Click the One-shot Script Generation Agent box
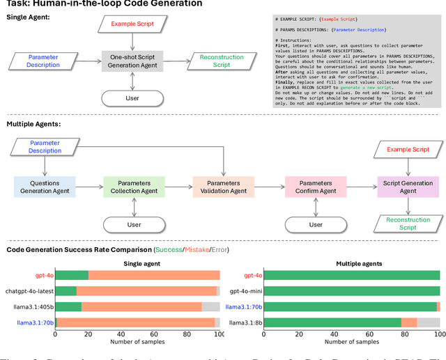tap(132, 61)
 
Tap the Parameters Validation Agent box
tap(223, 187)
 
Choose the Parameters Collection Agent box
tap(134, 187)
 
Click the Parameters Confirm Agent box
tap(315, 187)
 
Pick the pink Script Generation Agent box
tap(408, 187)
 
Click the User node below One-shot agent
tap(132, 98)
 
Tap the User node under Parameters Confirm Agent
tap(316, 225)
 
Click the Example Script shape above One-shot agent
tap(132, 24)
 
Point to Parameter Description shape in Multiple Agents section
tap(45, 146)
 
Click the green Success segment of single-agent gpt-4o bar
tap(72, 275)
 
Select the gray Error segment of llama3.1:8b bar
tap(429, 322)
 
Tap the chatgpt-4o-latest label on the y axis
tap(28, 291)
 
